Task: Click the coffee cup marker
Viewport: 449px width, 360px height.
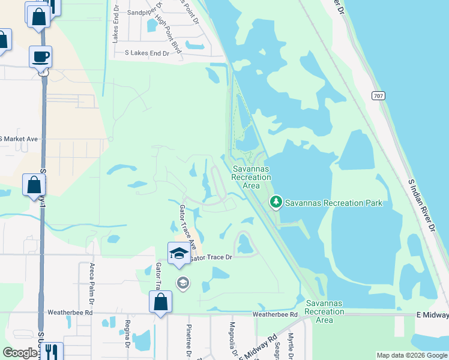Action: [41, 57]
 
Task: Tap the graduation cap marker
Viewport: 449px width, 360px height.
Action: [179, 254]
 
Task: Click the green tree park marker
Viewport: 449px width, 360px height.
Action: [276, 203]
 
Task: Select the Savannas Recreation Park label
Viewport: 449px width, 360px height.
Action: [333, 203]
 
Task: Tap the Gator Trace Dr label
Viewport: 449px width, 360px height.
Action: [211, 257]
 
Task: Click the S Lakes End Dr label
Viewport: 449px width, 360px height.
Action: [147, 53]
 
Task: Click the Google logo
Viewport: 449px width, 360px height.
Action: [20, 353]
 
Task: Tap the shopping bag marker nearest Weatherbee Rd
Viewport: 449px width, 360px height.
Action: [161, 302]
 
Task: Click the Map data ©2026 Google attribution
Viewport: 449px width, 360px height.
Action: [411, 355]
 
